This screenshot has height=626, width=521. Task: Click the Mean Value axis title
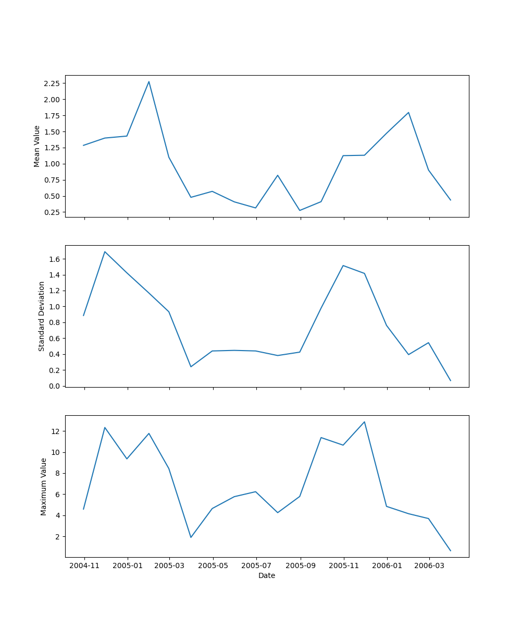(x=37, y=146)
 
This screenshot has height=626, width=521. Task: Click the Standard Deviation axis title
(x=42, y=316)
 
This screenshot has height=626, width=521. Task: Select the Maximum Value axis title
(x=44, y=487)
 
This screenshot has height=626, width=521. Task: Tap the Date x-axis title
(x=267, y=576)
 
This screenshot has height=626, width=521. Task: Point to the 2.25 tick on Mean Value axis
(x=52, y=83)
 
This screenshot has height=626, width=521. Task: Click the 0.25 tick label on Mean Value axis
(x=52, y=212)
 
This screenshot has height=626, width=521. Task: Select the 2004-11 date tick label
(x=84, y=566)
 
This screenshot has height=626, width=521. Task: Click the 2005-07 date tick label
(x=256, y=566)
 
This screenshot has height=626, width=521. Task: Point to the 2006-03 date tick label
(x=429, y=566)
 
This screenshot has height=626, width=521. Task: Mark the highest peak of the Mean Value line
(x=149, y=81)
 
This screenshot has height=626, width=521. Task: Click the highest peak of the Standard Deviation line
(x=105, y=251)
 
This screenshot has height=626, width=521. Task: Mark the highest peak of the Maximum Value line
(x=364, y=422)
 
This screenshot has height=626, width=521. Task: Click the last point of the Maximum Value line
(x=451, y=551)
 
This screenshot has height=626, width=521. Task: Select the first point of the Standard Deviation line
(x=83, y=316)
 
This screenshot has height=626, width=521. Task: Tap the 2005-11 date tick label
(x=344, y=566)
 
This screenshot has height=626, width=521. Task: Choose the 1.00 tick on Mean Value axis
(x=52, y=164)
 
